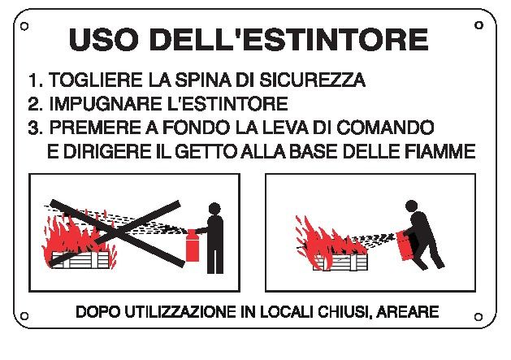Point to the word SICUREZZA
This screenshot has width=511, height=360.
coord(312,80)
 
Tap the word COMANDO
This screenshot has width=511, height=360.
coord(385,128)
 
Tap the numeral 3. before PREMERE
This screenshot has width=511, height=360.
coord(35,128)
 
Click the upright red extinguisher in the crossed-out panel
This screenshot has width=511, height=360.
coord(192,245)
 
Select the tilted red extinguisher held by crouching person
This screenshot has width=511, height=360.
coord(405,246)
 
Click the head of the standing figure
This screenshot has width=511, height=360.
coord(214,208)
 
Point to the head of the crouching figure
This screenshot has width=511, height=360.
coord(412,206)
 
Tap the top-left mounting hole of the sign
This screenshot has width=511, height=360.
coord(24,26)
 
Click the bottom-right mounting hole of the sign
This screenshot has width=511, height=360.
coord(479,317)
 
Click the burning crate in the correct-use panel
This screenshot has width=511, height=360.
coord(340,262)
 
